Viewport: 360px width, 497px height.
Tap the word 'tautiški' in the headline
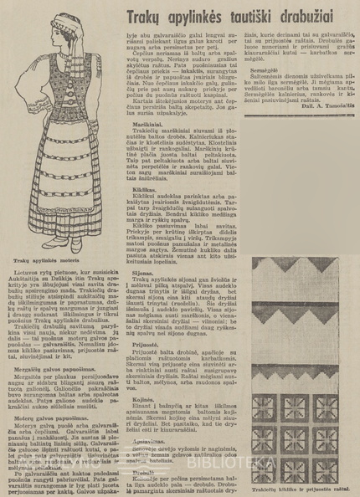pyautogui.click(x=258, y=18)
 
